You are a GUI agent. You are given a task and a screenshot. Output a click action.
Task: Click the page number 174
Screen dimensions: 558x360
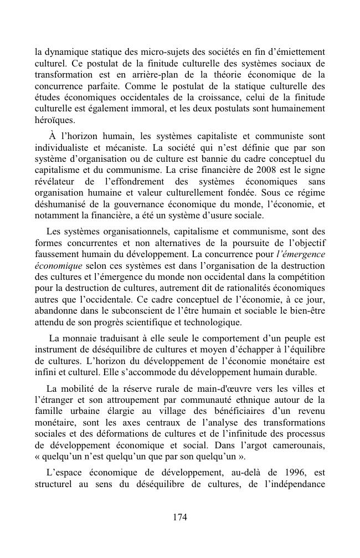coord(180,517)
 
